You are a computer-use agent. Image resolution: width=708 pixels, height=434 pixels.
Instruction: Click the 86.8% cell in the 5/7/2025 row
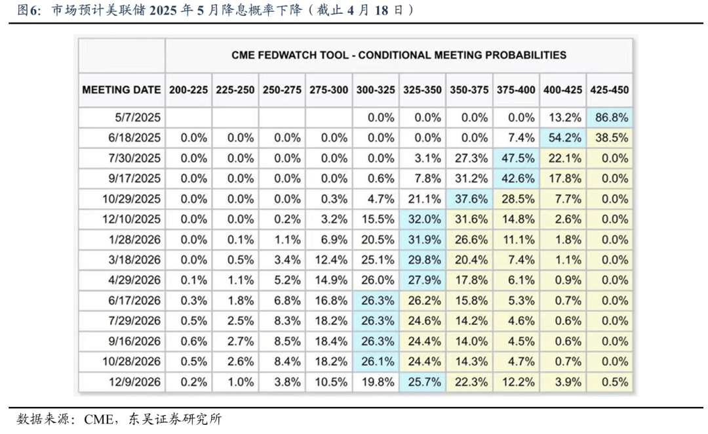611,118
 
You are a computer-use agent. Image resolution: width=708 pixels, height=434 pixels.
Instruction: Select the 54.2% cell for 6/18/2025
563,138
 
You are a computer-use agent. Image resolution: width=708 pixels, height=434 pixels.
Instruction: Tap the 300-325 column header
375,90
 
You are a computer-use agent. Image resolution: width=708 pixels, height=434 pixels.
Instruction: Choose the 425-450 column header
611,90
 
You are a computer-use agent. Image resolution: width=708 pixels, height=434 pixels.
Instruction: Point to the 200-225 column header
188,90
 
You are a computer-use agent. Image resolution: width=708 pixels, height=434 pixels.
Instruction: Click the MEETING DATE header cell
122,90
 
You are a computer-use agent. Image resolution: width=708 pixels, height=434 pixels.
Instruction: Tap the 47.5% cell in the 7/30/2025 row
516,158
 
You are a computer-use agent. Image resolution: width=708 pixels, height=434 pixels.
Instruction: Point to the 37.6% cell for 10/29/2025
469,199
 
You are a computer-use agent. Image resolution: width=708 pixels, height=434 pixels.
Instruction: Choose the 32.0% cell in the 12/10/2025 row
422,219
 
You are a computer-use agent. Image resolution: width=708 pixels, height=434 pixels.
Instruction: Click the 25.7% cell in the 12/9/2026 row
422,382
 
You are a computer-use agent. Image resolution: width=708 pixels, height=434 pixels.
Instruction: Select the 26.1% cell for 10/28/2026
375,362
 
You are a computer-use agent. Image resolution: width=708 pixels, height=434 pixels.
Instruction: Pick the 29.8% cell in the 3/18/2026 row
422,260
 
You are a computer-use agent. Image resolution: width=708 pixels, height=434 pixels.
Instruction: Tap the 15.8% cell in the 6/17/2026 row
469,301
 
